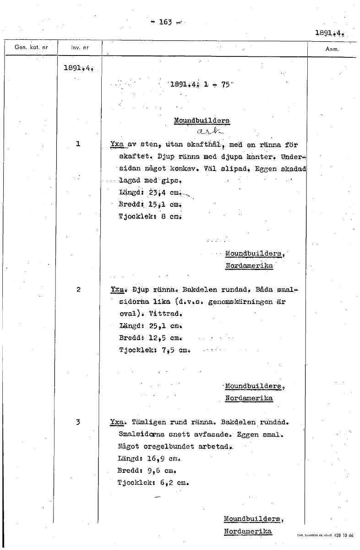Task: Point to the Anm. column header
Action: pos(331,48)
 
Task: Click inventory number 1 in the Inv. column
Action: pos(78,144)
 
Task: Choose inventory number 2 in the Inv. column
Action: pos(78,289)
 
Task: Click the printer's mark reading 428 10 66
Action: pos(344,535)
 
